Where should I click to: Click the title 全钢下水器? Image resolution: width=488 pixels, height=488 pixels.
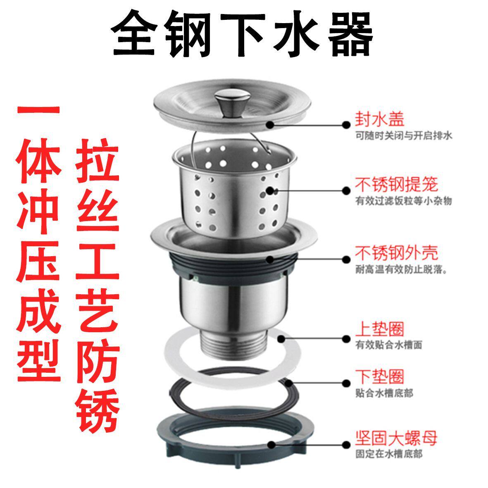coord(242,33)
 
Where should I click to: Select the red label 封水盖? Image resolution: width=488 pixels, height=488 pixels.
coord(380,119)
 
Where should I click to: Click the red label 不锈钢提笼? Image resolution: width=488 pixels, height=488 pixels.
coord(397,185)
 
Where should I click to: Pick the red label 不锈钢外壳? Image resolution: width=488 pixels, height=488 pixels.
coord(397,253)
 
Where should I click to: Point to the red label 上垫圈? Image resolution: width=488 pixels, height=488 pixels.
coord(380,329)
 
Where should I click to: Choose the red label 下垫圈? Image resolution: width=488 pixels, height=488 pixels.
coord(380,376)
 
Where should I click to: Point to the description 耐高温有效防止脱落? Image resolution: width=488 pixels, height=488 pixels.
coord(402,269)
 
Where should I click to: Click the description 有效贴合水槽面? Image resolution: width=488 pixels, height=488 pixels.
coord(389,345)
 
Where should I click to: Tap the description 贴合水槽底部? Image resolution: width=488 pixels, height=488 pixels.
coord(384,393)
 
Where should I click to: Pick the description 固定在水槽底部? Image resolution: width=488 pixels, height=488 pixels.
coord(389,454)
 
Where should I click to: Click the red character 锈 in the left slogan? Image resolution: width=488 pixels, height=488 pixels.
coord(97,410)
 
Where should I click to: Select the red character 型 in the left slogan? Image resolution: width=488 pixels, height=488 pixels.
coord(38,360)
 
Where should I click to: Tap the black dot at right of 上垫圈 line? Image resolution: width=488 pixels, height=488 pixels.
coord(346,339)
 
